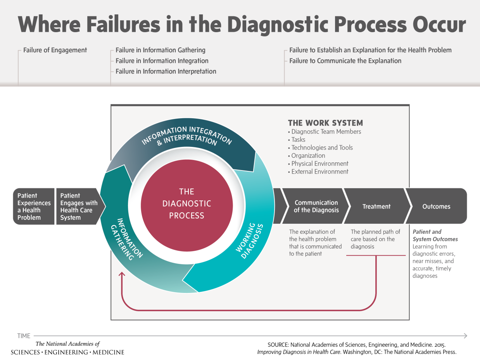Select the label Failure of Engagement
click(x=55, y=50)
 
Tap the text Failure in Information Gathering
click(x=161, y=50)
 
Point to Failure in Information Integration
click(x=162, y=61)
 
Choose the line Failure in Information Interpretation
click(x=166, y=71)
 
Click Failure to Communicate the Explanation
click(x=345, y=61)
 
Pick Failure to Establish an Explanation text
click(x=370, y=50)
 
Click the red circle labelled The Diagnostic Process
click(x=186, y=204)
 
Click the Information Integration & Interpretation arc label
click(x=187, y=135)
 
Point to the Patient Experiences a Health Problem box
click(x=34, y=207)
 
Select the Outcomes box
click(x=436, y=207)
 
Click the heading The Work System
click(x=325, y=123)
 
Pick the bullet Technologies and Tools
click(x=322, y=148)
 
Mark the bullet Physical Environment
click(x=319, y=164)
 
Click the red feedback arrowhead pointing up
click(x=122, y=274)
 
